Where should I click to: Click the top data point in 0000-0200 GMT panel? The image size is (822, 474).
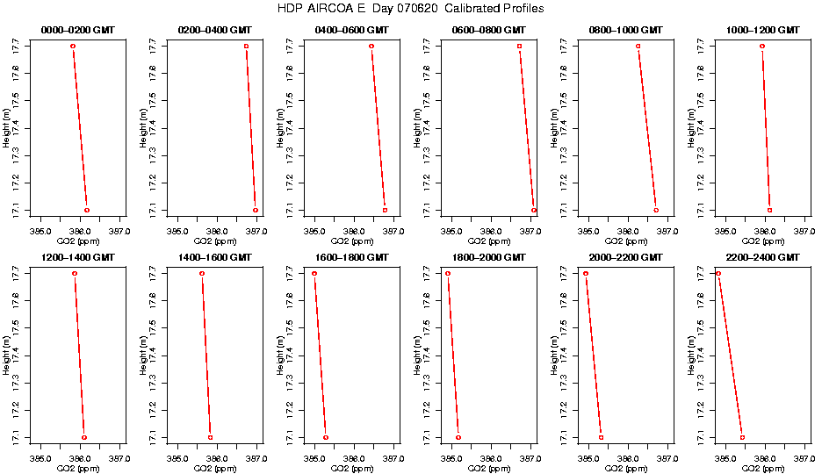73,46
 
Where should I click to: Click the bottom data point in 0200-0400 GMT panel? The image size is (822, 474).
256,211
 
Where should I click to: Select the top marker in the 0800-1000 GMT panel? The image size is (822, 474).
638,46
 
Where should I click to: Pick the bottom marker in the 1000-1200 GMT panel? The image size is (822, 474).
770,211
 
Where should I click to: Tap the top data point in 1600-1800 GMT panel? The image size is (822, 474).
314,274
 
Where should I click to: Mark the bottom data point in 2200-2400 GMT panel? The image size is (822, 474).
742,437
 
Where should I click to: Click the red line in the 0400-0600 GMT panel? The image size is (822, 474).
379,128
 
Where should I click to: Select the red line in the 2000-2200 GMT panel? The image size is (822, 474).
594,355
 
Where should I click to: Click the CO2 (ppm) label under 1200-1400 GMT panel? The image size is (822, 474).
78,469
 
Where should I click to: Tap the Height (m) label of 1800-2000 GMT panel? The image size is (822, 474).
415,355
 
